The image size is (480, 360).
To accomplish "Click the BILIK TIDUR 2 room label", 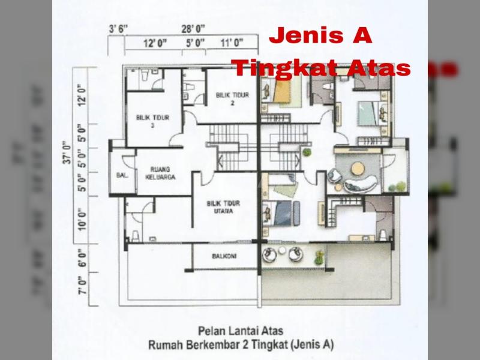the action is pyautogui.click(x=232, y=98).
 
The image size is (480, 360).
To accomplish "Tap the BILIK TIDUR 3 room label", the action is pyautogui.click(x=152, y=121).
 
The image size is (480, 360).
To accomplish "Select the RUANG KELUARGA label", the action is pyautogui.click(x=160, y=173).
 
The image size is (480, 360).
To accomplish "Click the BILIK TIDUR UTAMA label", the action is pyautogui.click(x=223, y=207).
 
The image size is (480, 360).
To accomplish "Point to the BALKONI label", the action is pyautogui.click(x=224, y=256).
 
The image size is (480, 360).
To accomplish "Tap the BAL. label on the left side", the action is pyautogui.click(x=122, y=175).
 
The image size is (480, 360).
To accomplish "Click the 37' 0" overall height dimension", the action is pyautogui.click(x=67, y=152).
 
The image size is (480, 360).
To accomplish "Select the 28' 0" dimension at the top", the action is pyautogui.click(x=193, y=29).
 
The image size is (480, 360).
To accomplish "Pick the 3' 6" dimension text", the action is pyautogui.click(x=118, y=29).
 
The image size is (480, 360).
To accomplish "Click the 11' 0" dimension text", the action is pyautogui.click(x=232, y=43).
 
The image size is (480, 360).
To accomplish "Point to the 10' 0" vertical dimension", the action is pyautogui.click(x=82, y=220).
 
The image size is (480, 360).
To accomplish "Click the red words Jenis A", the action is pyautogui.click(x=320, y=35).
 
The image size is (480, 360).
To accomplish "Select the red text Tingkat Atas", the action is pyautogui.click(x=321, y=68).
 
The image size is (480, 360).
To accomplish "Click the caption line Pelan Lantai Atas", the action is pyautogui.click(x=241, y=331).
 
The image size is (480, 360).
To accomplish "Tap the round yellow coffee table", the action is pyautogui.click(x=358, y=169).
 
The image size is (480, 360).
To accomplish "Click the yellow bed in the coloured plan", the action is pyautogui.click(x=281, y=91).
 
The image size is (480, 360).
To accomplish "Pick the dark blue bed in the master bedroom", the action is pyautogui.click(x=283, y=213).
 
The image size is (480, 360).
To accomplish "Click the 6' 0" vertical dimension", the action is pyautogui.click(x=82, y=257).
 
